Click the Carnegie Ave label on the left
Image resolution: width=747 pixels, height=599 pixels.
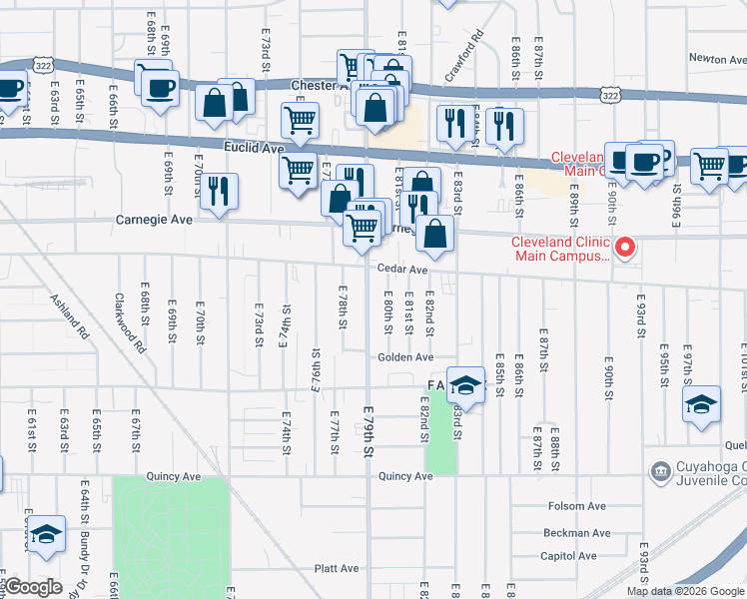[154, 220]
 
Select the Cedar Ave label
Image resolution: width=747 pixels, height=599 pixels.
[402, 269]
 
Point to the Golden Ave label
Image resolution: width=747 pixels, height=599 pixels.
[405, 356]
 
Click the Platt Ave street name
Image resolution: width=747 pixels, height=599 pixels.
[337, 568]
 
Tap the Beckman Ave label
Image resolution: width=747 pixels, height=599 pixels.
[570, 533]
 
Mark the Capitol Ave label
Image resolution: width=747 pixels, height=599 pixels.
[568, 556]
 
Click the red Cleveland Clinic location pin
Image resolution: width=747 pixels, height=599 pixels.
[626, 246]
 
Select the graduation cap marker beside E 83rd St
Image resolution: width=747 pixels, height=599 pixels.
[464, 384]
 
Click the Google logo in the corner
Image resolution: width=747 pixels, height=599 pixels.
[32, 587]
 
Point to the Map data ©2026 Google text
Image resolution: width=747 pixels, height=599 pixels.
[685, 591]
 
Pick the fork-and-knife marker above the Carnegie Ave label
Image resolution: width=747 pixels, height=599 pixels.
[219, 190]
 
